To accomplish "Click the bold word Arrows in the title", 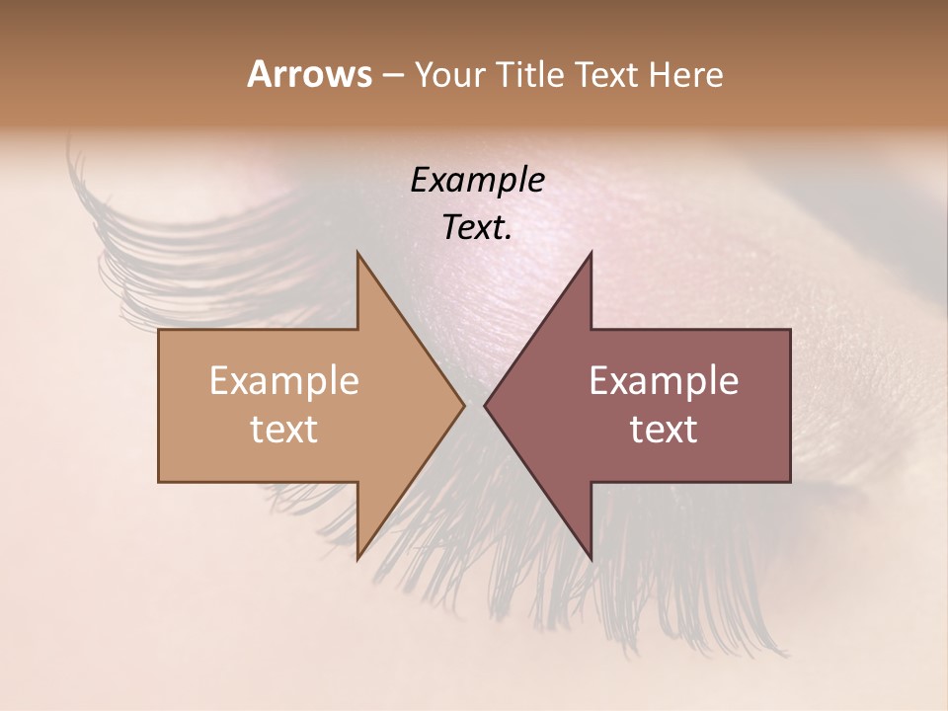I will [308, 74].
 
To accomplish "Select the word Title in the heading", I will [529, 75].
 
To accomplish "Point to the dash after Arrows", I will [391, 76].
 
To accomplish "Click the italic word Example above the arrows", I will [477, 181].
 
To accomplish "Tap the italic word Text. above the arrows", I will [477, 228].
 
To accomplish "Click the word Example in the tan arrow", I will [284, 381].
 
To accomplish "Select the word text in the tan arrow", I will [284, 430].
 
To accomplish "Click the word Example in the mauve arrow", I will [664, 381].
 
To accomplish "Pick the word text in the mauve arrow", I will [664, 430].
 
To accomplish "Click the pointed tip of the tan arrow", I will [464, 405].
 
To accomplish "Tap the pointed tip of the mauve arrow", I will [484, 405].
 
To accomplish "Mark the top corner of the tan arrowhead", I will [357, 252].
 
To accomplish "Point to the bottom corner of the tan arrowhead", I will [357, 559].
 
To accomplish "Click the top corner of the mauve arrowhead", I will [591, 252].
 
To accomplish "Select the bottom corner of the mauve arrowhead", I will [591, 559].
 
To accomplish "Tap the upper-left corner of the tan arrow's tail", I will [159, 330].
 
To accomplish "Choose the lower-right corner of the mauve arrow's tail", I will [790, 482].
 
